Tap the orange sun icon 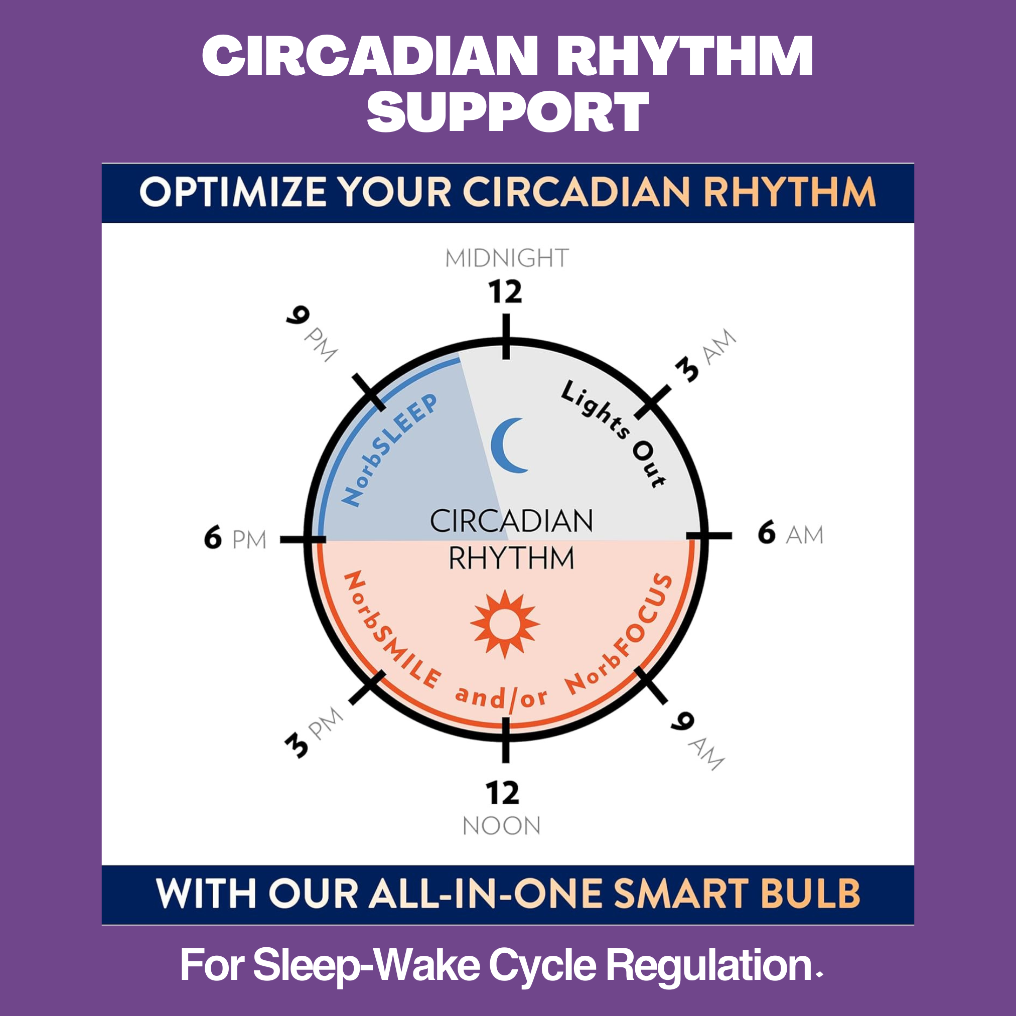[505, 624]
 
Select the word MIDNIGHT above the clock [507, 258]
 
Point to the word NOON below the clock [502, 826]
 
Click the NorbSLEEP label [389, 450]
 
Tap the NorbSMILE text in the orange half [392, 631]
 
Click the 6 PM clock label [235, 538]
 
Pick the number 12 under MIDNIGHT [505, 292]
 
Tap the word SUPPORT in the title [507, 111]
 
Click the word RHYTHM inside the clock [511, 558]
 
